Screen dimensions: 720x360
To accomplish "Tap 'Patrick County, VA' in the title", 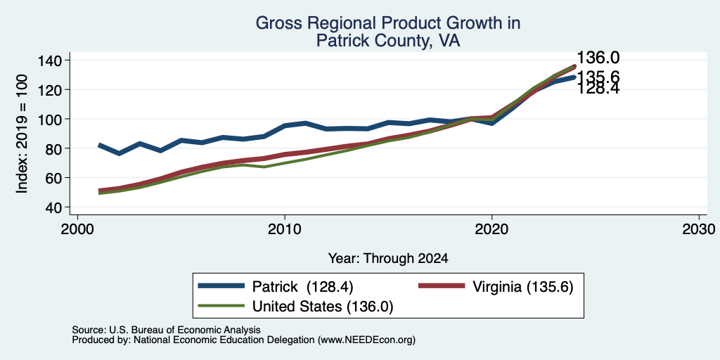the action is pos(388,41).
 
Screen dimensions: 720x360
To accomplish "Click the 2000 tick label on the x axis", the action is pos(77,230).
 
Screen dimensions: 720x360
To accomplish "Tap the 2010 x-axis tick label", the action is pos(285,230).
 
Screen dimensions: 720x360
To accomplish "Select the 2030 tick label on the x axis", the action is pos(699,230).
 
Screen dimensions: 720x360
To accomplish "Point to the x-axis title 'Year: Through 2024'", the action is pos(388,259).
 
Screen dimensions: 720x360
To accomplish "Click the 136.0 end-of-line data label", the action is pos(598,58).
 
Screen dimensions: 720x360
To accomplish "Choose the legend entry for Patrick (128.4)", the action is pos(276,287).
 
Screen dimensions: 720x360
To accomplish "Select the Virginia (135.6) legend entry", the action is pos(496,287).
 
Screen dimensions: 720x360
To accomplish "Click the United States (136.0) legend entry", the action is pos(296,307).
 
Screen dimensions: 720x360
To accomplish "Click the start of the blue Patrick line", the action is pos(98,145).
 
